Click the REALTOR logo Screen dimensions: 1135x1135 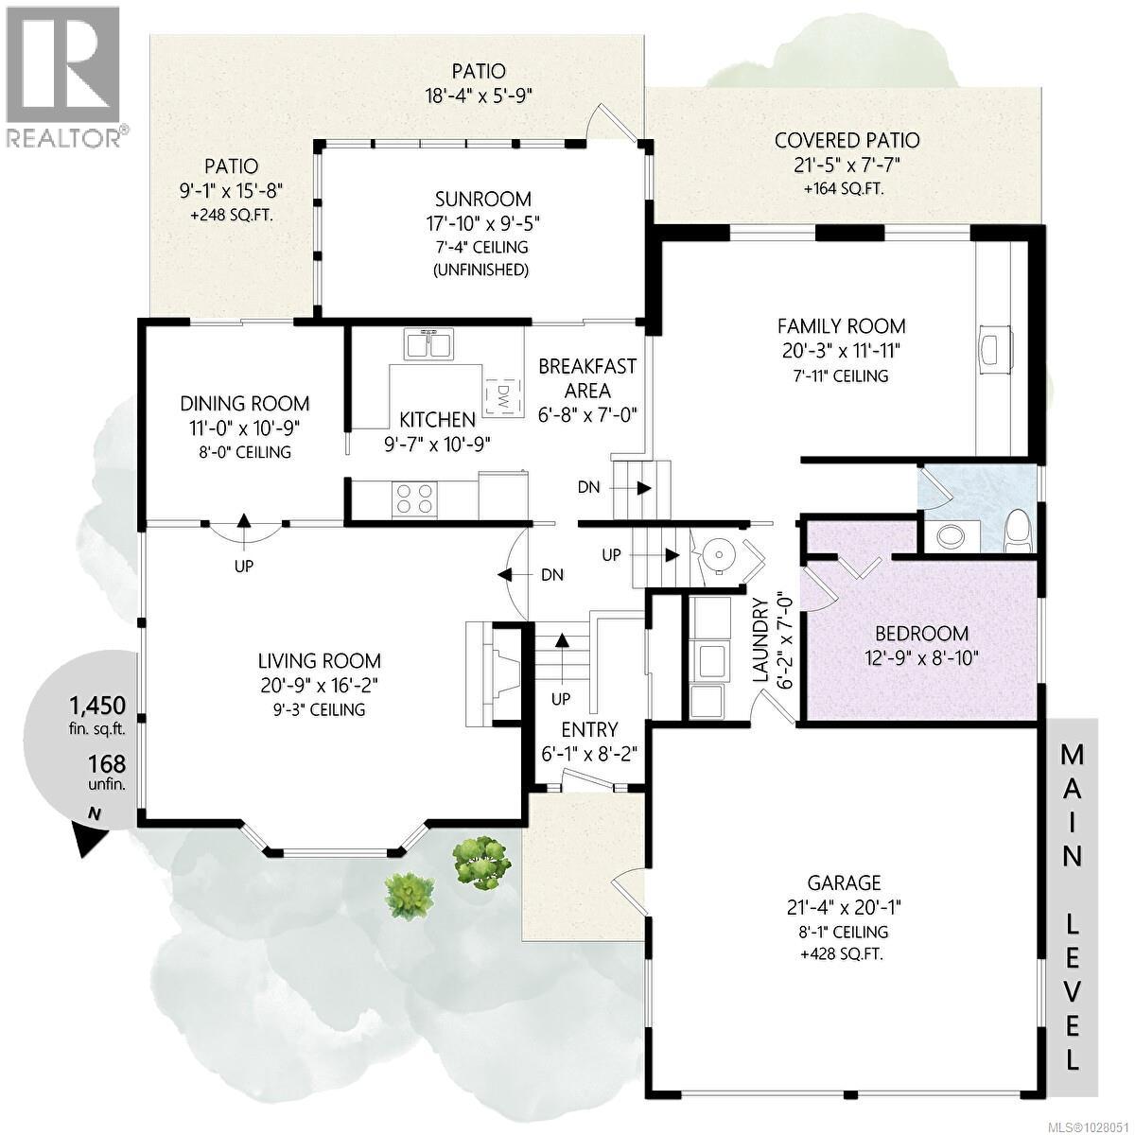pyautogui.click(x=62, y=76)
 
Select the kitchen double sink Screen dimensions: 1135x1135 pyautogui.click(x=430, y=344)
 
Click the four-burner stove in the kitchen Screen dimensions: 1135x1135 pyautogui.click(x=414, y=498)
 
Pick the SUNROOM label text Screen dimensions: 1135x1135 pyautogui.click(x=483, y=200)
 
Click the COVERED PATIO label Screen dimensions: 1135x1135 pyautogui.click(x=847, y=141)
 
